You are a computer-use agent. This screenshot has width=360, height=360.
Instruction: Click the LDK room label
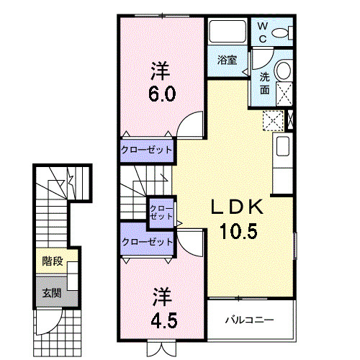pyautogui.click(x=232, y=207)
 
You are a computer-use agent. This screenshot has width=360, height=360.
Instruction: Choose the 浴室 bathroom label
pyautogui.click(x=227, y=60)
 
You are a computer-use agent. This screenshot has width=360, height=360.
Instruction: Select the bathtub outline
pyautogui.click(x=228, y=32)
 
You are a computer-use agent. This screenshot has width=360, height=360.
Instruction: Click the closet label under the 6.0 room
pyautogui.click(x=146, y=150)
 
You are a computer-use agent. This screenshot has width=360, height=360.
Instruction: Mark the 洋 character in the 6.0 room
pyautogui.click(x=161, y=71)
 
